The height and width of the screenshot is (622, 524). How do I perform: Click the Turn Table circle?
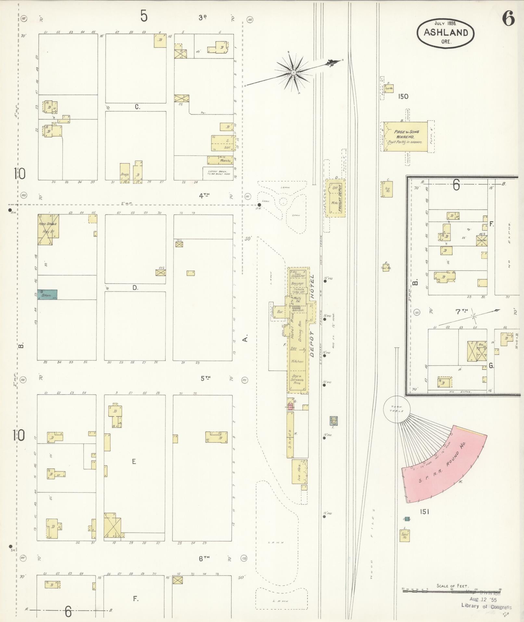397,409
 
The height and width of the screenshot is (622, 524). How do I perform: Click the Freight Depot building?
336,198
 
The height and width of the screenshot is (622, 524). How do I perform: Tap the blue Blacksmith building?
47,294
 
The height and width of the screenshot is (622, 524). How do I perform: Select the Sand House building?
405,535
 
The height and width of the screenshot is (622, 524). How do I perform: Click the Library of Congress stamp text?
486,606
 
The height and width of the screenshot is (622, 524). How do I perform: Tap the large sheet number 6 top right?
508,19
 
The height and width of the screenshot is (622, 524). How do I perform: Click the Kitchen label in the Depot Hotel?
297,361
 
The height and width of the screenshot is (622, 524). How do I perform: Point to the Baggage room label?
297,284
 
